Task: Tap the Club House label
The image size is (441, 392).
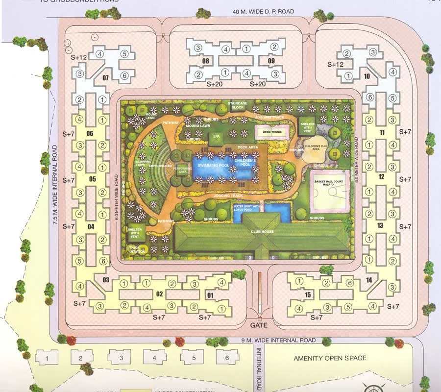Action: [262, 231]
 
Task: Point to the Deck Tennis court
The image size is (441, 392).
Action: [270, 131]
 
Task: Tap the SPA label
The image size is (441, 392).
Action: [216, 137]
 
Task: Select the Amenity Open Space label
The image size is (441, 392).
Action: [330, 358]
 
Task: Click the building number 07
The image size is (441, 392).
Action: [105, 78]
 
